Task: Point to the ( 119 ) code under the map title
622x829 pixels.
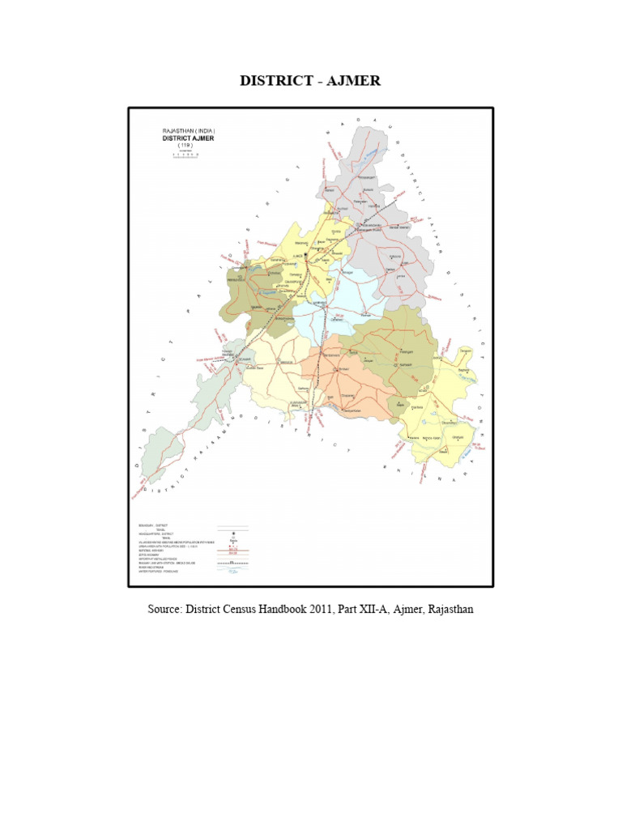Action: point(189,146)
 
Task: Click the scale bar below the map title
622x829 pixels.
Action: point(189,155)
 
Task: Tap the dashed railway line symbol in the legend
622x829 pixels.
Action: point(232,561)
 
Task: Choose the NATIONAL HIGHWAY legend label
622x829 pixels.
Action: point(151,549)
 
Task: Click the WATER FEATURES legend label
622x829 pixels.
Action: point(156,570)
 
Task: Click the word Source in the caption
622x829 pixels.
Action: point(165,609)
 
